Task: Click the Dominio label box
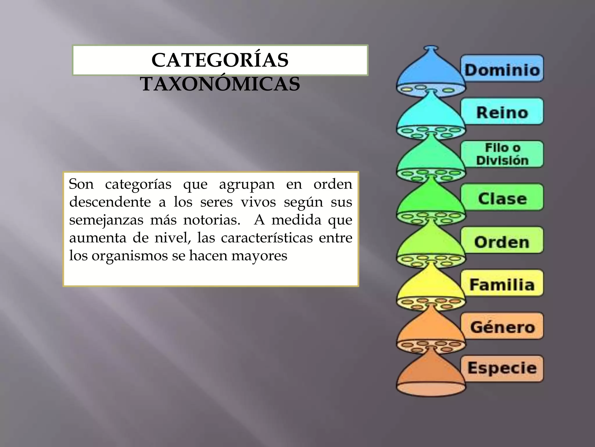(502, 69)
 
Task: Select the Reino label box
(502, 111)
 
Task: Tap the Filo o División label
(502, 154)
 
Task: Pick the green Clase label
(502, 197)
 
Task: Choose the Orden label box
(502, 240)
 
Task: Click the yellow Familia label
(502, 283)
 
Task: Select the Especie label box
(502, 368)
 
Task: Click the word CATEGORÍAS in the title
(220, 60)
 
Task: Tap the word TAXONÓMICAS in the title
(220, 84)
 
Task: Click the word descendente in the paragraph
(110, 202)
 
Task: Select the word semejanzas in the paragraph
(106, 220)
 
